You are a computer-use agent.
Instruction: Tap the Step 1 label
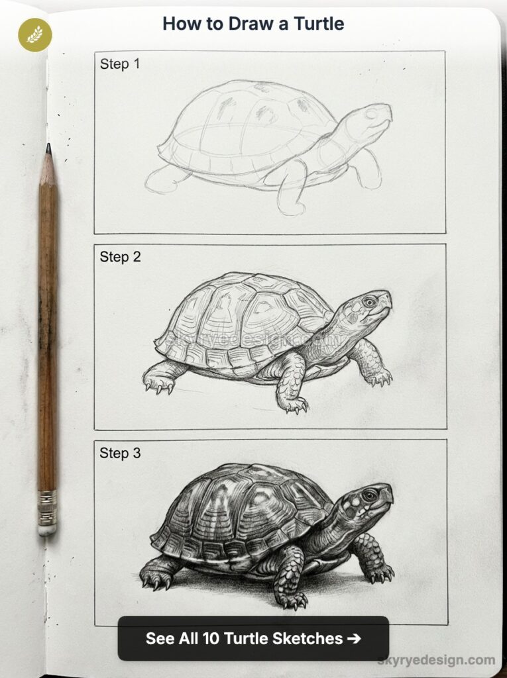[x=120, y=64]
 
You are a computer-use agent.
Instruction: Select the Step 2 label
[x=120, y=257]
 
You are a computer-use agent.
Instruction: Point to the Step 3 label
[x=120, y=454]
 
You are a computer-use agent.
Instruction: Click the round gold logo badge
[x=34, y=34]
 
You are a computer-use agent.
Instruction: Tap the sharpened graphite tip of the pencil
[x=48, y=150]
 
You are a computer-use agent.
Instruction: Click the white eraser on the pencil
[x=47, y=528]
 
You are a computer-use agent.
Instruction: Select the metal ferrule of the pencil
[x=47, y=506]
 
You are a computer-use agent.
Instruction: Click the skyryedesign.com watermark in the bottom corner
[x=436, y=659]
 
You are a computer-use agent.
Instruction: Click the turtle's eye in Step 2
[x=368, y=301]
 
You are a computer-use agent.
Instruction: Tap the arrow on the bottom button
[x=354, y=639]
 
